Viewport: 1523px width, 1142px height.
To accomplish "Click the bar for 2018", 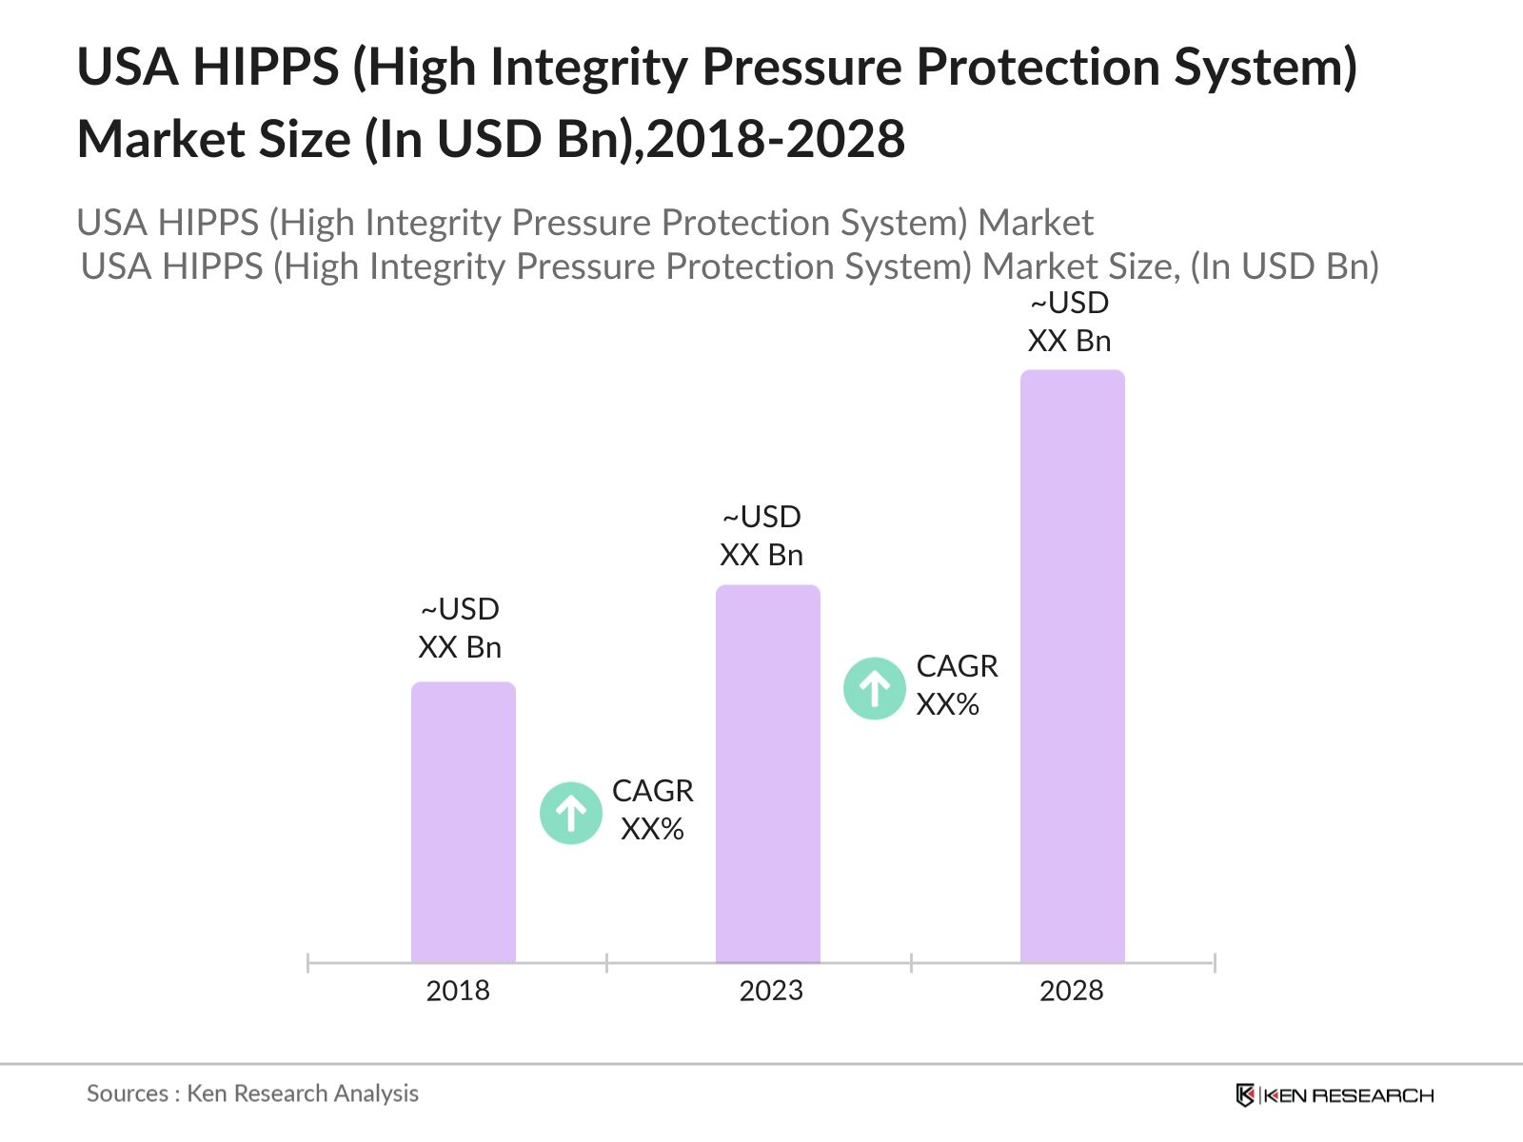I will (463, 823).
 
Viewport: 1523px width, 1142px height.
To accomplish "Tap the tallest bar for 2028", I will (1072, 666).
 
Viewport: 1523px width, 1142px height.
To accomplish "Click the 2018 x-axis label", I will (458, 991).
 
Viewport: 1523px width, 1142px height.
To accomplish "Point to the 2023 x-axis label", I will (771, 991).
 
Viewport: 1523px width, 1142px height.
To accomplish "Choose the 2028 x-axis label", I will (1071, 991).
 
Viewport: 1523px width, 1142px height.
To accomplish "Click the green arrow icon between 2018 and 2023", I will (571, 813).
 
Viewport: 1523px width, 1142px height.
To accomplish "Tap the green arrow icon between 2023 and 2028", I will (874, 688).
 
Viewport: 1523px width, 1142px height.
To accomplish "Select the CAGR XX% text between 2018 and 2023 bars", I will (653, 810).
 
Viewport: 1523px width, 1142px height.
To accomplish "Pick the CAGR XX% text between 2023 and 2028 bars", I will (957, 685).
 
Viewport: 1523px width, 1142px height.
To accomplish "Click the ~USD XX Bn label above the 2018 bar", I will (460, 628).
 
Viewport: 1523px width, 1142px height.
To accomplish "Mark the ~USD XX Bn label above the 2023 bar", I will (761, 536).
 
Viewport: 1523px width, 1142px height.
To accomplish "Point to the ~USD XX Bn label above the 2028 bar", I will (1069, 322).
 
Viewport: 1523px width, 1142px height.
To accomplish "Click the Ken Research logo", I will (1335, 1095).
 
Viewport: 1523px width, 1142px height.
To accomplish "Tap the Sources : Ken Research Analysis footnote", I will (252, 1093).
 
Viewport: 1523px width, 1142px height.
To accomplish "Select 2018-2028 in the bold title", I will (776, 140).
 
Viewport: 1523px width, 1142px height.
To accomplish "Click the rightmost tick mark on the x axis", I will (1215, 963).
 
